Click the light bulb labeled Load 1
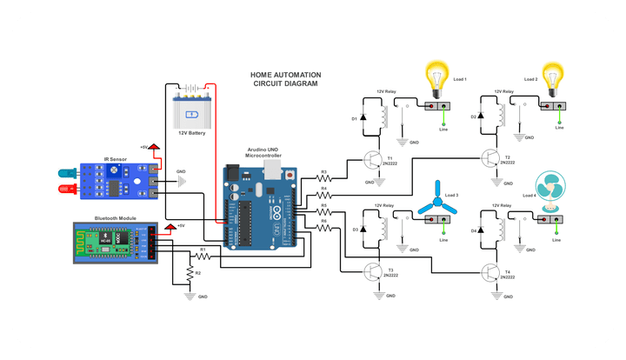pyautogui.click(x=434, y=76)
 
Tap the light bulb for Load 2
pyautogui.click(x=552, y=76)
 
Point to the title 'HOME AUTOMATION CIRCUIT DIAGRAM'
pyautogui.click(x=284, y=80)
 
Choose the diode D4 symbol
pyautogui.click(x=483, y=230)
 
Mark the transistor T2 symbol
pyautogui.click(x=490, y=159)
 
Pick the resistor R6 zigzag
pyautogui.click(x=323, y=228)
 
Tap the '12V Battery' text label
pyautogui.click(x=191, y=133)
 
